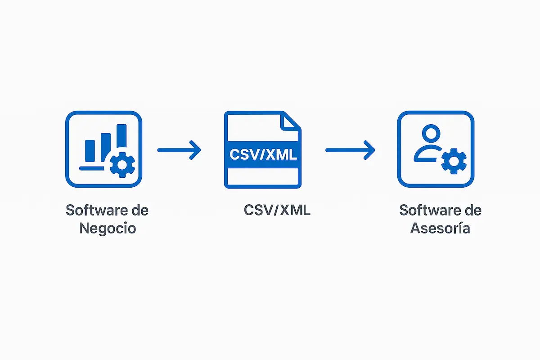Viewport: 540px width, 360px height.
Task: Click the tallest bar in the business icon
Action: (x=121, y=137)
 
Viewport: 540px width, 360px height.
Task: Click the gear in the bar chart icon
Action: (x=122, y=165)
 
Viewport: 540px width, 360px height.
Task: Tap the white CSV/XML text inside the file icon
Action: (x=263, y=155)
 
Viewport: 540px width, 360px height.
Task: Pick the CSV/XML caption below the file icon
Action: (x=277, y=210)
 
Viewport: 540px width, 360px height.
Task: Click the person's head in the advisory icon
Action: (x=432, y=134)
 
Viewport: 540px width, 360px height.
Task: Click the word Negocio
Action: (x=108, y=228)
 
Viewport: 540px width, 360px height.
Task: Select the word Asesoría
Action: (x=441, y=228)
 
